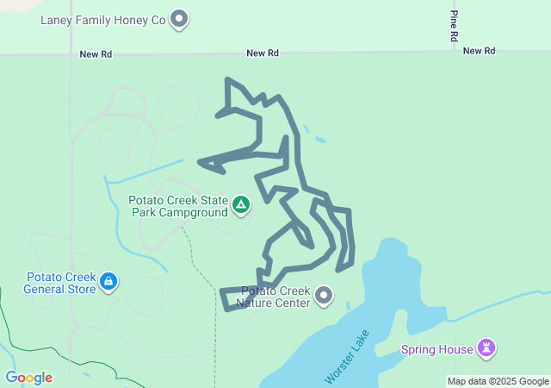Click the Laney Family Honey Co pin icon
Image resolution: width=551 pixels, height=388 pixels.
point(179,17)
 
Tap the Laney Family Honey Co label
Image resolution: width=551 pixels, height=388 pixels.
point(102,18)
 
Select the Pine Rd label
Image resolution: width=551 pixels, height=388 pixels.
point(454,27)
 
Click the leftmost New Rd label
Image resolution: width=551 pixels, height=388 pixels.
point(96,53)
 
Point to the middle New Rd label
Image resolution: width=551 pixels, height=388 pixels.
point(263,53)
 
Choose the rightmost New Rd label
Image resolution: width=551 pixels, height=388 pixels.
point(479,52)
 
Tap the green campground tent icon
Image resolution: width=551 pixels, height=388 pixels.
point(242,204)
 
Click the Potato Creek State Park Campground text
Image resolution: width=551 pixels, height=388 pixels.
point(178,207)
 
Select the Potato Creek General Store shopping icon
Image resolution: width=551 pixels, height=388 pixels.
point(108,281)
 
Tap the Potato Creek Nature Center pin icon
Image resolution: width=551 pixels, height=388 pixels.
point(324,296)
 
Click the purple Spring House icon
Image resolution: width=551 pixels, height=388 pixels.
point(488,348)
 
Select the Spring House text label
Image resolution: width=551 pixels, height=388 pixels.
point(437,349)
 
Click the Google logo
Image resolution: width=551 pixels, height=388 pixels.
point(28,378)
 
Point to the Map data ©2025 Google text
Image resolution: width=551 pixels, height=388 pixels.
point(498,381)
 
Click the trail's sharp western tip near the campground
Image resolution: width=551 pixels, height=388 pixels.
point(200,161)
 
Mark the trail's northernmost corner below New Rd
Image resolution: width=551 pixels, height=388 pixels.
point(227,80)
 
